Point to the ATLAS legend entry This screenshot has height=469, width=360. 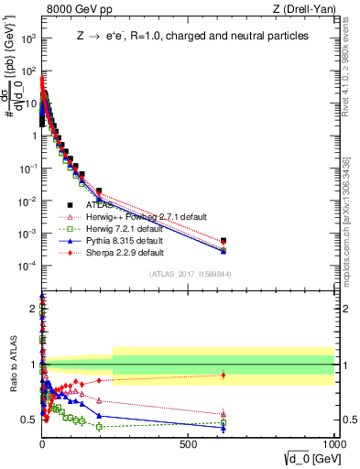99,205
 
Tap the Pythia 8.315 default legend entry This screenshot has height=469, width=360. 125,240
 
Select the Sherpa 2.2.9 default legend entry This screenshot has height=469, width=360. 125,252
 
